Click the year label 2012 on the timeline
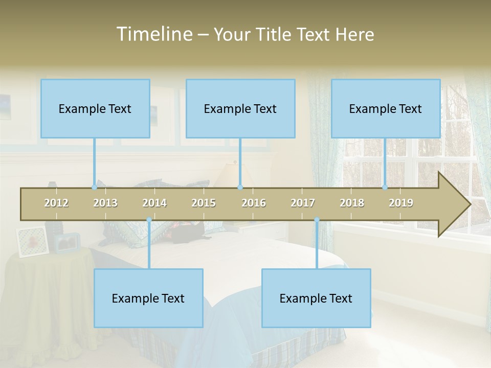[56, 203]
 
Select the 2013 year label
[105, 203]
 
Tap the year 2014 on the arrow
[154, 203]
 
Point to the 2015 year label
[204, 203]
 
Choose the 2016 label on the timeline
[254, 203]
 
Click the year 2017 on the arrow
[303, 203]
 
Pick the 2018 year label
[352, 203]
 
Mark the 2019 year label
[401, 203]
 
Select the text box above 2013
[95, 108]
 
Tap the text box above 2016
[240, 108]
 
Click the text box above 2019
[386, 108]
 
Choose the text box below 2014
[148, 298]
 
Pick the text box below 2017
[316, 298]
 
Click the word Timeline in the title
[154, 34]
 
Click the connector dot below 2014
[149, 220]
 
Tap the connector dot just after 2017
[317, 220]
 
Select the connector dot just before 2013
[94, 188]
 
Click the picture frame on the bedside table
[32, 241]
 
